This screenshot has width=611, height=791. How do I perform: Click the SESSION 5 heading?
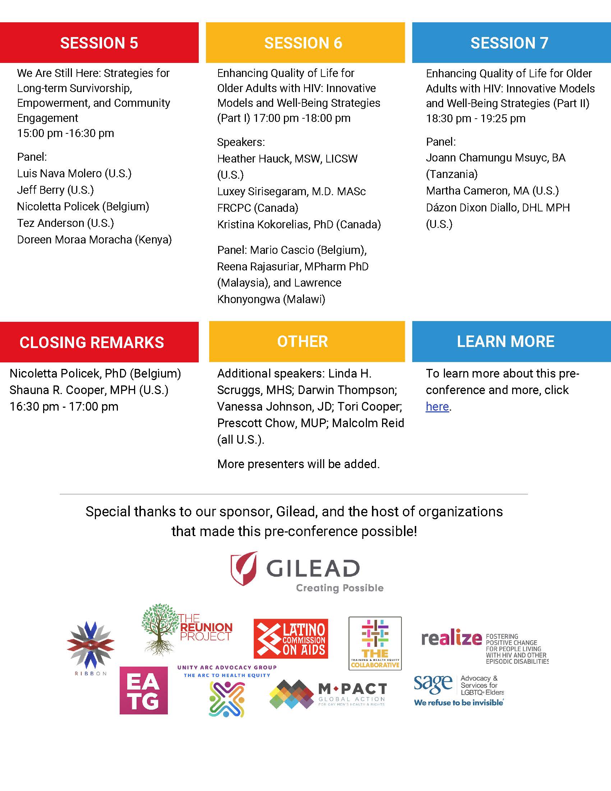pyautogui.click(x=99, y=43)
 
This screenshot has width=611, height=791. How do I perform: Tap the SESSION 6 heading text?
pyautogui.click(x=303, y=43)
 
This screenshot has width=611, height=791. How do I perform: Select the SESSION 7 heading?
pyautogui.click(x=509, y=43)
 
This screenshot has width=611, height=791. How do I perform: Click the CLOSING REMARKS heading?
pyautogui.click(x=92, y=342)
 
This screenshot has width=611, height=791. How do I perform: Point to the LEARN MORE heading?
pyautogui.click(x=505, y=341)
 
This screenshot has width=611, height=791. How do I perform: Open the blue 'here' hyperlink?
pyautogui.click(x=437, y=406)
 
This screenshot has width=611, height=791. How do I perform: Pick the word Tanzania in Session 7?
pyautogui.click(x=452, y=174)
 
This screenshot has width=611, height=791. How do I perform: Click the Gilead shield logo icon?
pyautogui.click(x=244, y=568)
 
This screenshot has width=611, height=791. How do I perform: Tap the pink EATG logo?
pyautogui.click(x=144, y=690)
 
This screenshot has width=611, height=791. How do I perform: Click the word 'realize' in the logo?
pyautogui.click(x=451, y=639)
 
